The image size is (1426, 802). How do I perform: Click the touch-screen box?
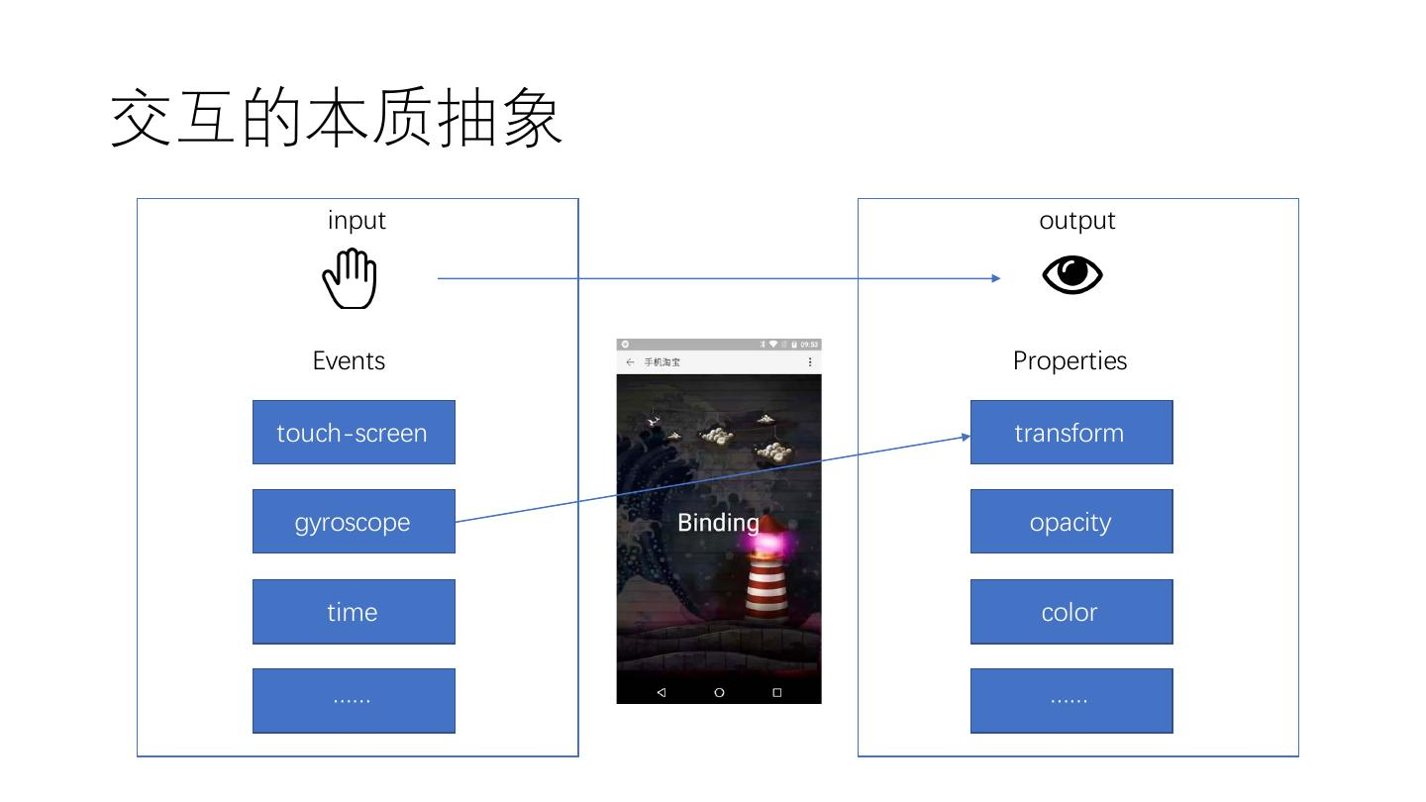[354, 433]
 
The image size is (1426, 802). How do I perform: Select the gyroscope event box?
[354, 522]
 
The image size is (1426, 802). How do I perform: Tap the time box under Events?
[354, 612]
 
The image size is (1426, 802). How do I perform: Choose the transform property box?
[1070, 433]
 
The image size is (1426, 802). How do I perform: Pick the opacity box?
[1070, 522]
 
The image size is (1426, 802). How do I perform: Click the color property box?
[1070, 612]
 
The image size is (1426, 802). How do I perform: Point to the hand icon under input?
[351, 278]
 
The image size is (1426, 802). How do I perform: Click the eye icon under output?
[1071, 275]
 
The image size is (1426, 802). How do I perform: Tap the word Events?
[349, 360]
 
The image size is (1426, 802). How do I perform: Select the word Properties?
[1069, 360]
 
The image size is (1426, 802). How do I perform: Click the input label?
[356, 220]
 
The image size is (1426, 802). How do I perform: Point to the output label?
[1076, 220]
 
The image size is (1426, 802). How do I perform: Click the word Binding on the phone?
[718, 523]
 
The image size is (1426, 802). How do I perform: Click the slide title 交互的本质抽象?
[337, 119]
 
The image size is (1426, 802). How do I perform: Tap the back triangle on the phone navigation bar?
[661, 692]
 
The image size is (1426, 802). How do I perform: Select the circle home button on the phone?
[719, 692]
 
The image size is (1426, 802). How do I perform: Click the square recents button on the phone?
[777, 692]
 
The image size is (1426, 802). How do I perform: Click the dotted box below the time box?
[354, 701]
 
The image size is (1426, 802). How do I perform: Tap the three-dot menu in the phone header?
[810, 362]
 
